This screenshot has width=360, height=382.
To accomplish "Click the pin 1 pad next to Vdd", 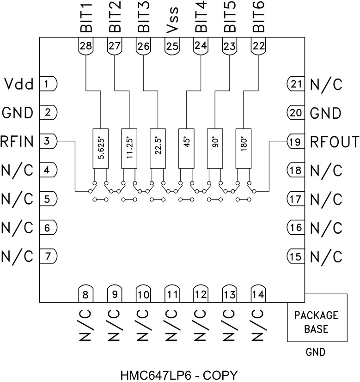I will tap(48, 84).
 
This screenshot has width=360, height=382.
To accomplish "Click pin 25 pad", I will tap(172, 46).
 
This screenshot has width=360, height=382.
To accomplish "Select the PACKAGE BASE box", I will tap(317, 322).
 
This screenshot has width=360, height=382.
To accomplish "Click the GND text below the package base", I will tap(315, 352).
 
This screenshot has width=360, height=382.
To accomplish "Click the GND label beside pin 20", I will tap(326, 113).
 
